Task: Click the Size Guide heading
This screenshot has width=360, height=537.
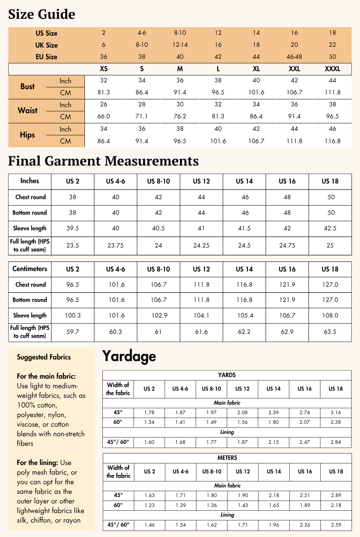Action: tap(42, 14)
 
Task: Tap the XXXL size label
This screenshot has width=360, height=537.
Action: tap(332, 69)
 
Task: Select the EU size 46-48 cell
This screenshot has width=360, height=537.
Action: tap(294, 57)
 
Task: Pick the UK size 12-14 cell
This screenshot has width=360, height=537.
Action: tap(180, 45)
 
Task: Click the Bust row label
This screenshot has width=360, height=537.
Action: tap(28, 86)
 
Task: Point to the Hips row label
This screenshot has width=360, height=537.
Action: tap(28, 135)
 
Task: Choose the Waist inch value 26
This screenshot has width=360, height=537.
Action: tap(104, 104)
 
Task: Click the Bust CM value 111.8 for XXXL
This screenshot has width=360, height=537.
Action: tap(332, 92)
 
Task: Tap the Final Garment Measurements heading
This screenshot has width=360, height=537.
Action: tap(103, 161)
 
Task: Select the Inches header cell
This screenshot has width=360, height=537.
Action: tap(30, 181)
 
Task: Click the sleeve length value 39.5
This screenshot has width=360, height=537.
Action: tap(72, 228)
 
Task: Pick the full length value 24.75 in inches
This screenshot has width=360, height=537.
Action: tap(287, 246)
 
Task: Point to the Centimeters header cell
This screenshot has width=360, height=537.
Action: tap(30, 269)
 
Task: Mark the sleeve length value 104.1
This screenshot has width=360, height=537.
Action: tap(201, 315)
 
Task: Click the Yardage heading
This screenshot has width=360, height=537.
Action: tap(129, 356)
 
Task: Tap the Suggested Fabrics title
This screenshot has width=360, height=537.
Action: tap(44, 357)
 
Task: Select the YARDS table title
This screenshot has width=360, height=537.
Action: tap(227, 375)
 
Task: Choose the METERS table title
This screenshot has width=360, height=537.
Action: tap(227, 458)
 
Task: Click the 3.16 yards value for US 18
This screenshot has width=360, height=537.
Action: tap(336, 412)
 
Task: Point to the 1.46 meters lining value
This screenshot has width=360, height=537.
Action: tap(149, 525)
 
